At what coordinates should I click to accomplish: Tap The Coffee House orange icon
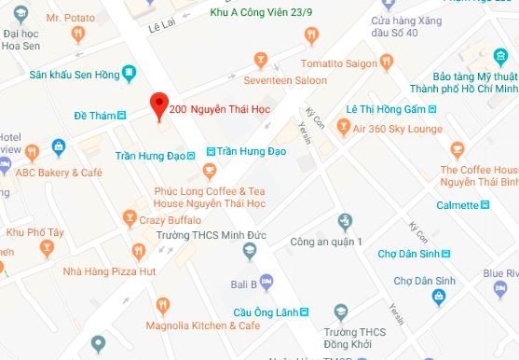click(x=457, y=148)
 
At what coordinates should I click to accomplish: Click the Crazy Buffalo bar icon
click(x=130, y=220)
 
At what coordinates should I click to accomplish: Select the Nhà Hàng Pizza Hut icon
click(x=139, y=251)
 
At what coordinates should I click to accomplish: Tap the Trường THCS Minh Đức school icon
click(x=249, y=251)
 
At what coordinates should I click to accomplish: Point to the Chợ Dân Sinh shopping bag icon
click(x=438, y=296)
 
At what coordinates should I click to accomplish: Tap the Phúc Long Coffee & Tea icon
click(x=210, y=172)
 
